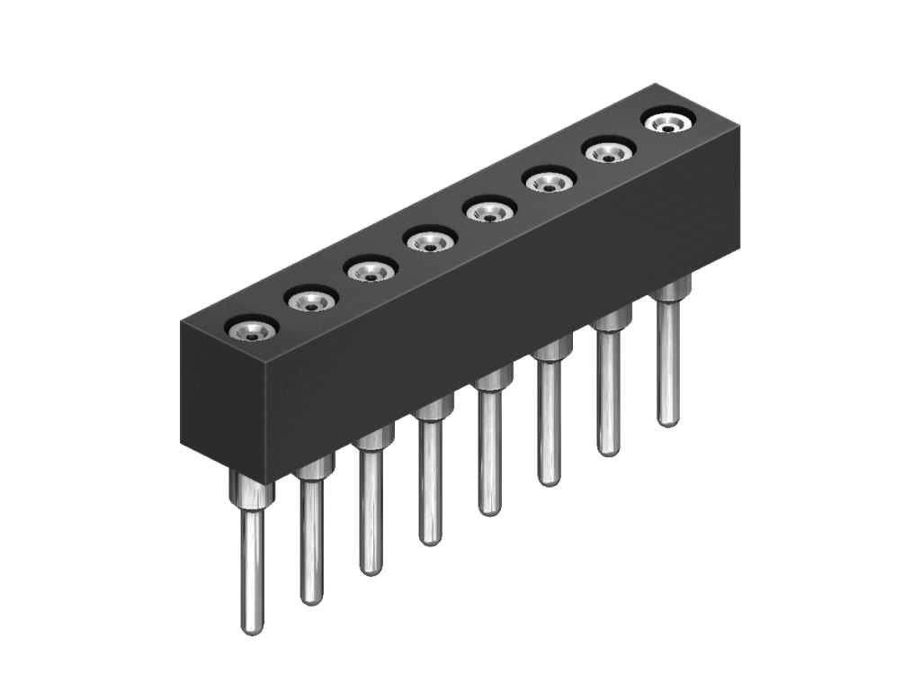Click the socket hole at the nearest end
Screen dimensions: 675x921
pos(252,330)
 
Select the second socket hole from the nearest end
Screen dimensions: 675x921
pos(311,301)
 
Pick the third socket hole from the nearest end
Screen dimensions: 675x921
pos(371,270)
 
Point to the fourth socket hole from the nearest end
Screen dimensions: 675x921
pos(430,240)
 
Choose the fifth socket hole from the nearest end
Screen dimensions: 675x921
pos(489,212)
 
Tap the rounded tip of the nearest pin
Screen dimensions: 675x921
pos(253,628)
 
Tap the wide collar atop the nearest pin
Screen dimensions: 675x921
pos(254,494)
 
